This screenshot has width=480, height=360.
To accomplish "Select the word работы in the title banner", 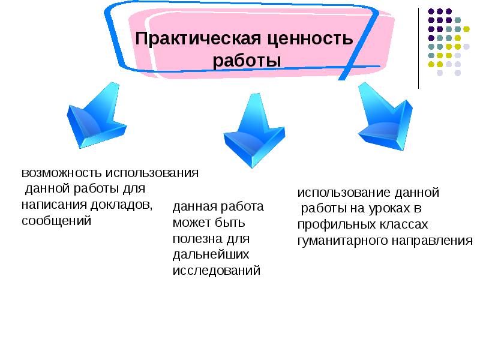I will click(x=247, y=62).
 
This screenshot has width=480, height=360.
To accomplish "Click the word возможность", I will click(x=62, y=173).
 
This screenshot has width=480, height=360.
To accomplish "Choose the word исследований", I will click(x=216, y=270).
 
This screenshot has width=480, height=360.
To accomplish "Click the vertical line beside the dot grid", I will click(x=418, y=48).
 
